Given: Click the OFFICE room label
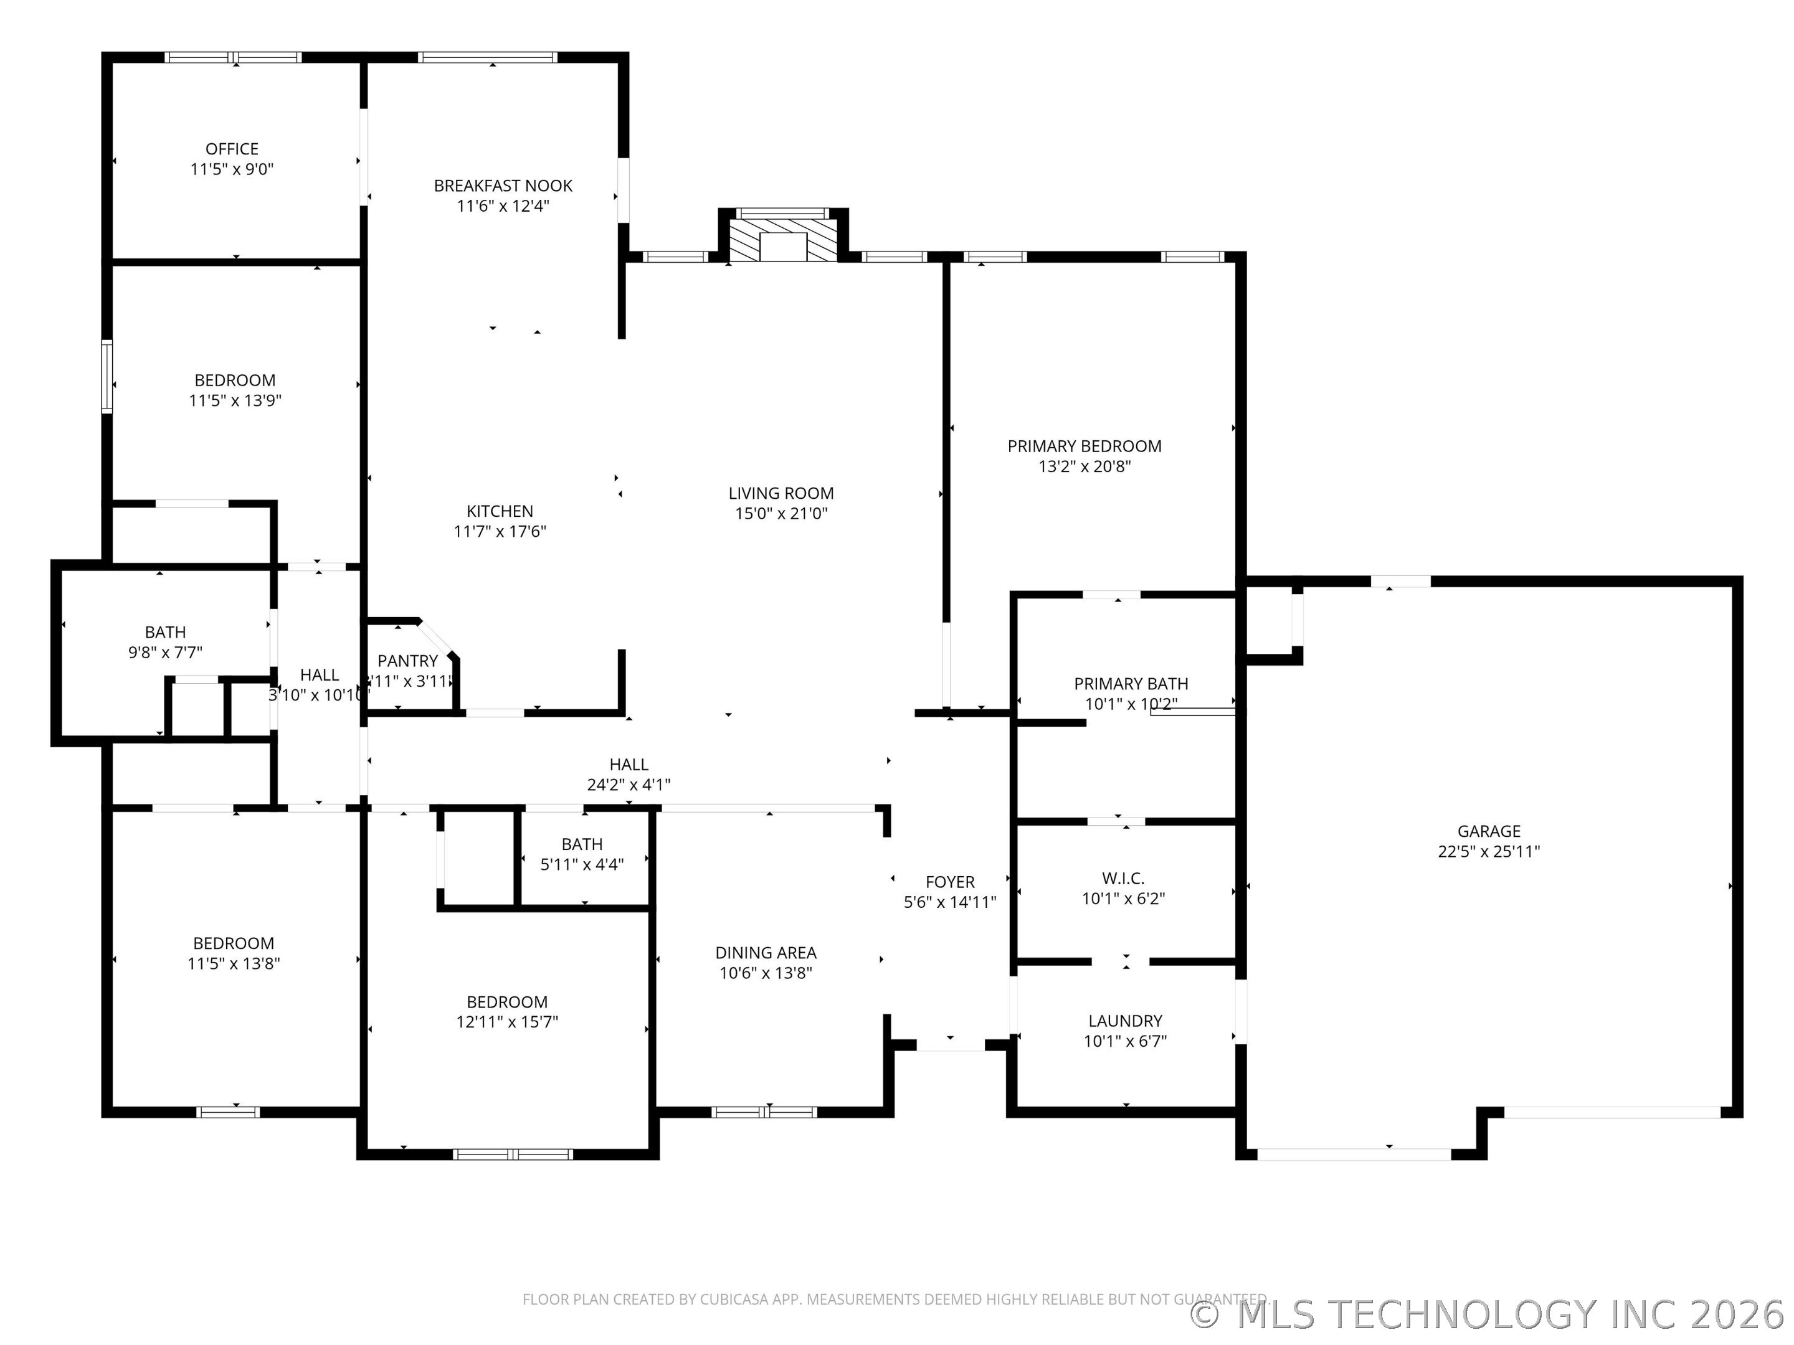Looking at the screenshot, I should point(232,149).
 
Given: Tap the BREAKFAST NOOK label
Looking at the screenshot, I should point(503,186).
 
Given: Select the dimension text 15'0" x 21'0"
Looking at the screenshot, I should point(781,513).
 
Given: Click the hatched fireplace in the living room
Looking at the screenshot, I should point(782,239).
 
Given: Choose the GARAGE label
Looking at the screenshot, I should point(1488,831).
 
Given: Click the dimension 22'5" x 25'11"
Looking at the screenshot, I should point(1488,851).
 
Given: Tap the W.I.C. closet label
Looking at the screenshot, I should point(1123,878).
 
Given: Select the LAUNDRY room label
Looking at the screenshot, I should point(1125,1021).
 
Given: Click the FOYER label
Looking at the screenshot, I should point(950,882).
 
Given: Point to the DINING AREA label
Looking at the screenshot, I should point(765,953).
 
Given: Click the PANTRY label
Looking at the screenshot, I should point(407,661).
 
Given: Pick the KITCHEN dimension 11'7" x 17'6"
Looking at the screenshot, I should point(500,531).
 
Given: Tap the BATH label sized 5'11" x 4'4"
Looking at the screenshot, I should point(582,844).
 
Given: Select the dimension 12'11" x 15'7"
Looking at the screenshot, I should point(507,1022).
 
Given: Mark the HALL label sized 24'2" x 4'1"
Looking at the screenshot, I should point(629,765).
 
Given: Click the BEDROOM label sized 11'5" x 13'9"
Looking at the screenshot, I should point(234,380).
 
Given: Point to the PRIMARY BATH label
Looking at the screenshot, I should point(1131,684).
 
